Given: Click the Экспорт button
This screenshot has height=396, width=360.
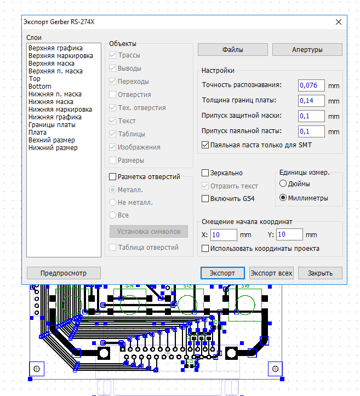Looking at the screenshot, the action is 222,273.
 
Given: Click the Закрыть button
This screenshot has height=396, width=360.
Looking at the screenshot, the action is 320,273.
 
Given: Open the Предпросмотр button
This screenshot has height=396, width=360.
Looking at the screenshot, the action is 64,273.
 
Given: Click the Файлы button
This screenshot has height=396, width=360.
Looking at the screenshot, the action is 233,49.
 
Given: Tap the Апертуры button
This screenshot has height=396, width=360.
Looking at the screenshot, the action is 307,49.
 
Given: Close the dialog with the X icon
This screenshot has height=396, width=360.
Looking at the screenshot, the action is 339,22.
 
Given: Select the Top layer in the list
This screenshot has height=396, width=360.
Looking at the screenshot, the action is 35,79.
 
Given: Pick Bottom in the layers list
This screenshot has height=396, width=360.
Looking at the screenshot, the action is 40,87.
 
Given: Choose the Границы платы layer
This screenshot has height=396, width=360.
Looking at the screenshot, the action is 52,125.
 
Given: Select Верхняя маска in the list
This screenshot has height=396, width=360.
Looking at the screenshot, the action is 52,64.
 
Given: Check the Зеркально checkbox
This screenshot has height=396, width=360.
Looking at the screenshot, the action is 205,173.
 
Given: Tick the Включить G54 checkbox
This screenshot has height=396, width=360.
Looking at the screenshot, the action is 205,198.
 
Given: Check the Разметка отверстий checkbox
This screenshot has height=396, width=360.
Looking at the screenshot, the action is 112,176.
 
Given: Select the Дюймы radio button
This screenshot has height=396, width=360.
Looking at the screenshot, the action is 283,183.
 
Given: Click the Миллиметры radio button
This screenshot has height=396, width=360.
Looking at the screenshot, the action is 283,198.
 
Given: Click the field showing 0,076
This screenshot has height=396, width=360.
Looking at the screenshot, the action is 311,85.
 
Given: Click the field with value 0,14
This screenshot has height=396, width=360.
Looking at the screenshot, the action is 311,101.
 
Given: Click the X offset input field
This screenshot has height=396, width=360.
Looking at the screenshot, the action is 224,235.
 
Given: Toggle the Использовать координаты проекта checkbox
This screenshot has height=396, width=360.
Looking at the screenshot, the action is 205,249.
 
